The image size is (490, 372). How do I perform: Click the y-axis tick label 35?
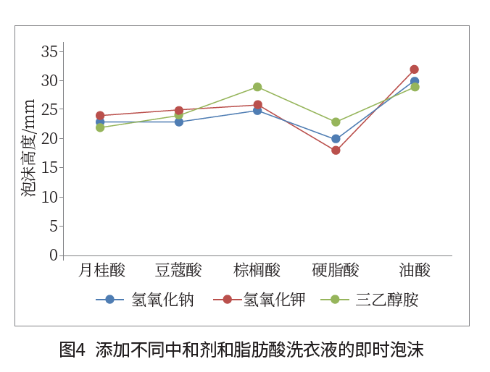[x=49, y=51]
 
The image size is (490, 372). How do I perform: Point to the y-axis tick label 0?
[x=53, y=255]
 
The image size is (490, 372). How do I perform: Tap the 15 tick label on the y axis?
[x=49, y=168]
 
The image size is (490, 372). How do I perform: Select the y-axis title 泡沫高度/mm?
[x=28, y=148]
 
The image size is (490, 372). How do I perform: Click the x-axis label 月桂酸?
[x=101, y=271]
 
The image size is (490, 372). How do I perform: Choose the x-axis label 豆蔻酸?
[x=178, y=271]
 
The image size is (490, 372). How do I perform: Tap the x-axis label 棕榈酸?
[x=257, y=271]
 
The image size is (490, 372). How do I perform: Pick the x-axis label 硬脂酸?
[x=336, y=271]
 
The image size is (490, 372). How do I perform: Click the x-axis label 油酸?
[x=415, y=271]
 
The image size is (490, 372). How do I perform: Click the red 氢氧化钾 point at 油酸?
[x=414, y=69]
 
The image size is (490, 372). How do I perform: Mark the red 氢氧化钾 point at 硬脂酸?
[x=336, y=151]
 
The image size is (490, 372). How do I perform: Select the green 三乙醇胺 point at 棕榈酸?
[x=257, y=87]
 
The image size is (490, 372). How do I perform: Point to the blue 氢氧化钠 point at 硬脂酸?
[x=336, y=139]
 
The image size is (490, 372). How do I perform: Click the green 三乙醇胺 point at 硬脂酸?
[x=336, y=122]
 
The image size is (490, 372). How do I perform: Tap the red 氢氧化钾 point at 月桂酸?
[x=100, y=116]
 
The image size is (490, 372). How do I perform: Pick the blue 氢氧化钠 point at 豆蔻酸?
[x=179, y=122]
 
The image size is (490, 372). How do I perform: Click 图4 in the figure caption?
[x=72, y=350]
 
